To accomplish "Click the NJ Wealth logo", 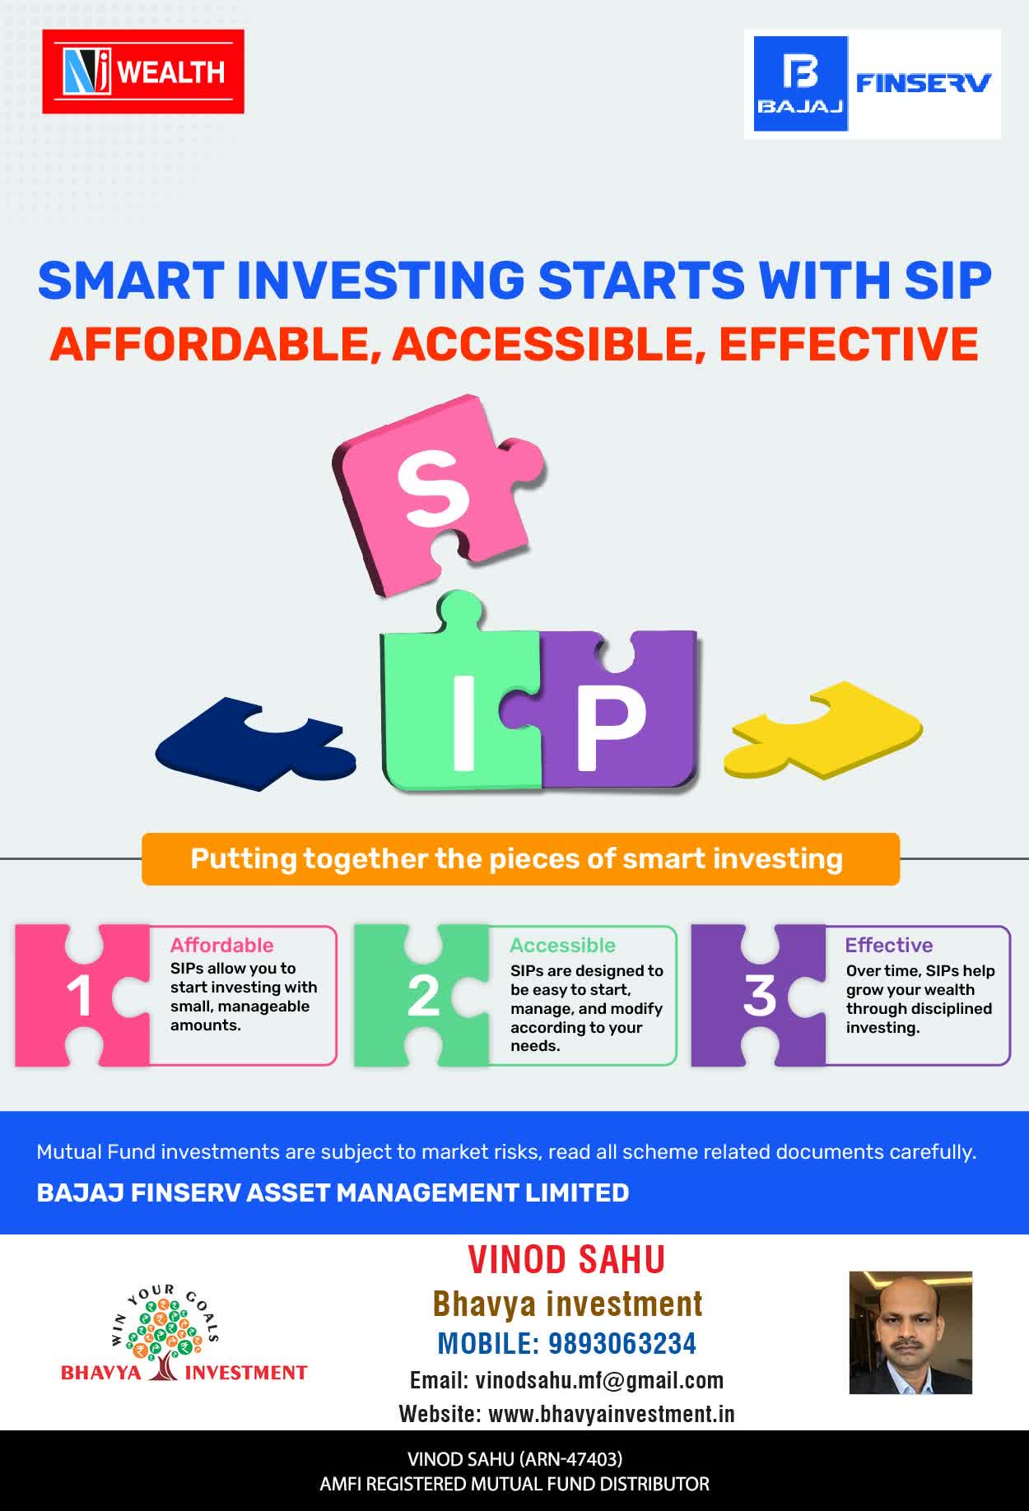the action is [143, 72].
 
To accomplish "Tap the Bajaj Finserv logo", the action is [873, 84].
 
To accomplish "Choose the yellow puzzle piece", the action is [823, 729].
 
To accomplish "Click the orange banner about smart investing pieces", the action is [520, 859].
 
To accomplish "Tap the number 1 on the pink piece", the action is [80, 996].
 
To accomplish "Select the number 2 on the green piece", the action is [424, 996].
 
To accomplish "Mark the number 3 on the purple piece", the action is [760, 996].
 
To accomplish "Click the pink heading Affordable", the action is [222, 945].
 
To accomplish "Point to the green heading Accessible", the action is [563, 945].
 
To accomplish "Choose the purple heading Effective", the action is [889, 945].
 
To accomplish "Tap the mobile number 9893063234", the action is [622, 1344].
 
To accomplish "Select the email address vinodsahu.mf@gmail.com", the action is [600, 1380].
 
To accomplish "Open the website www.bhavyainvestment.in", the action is [612, 1414].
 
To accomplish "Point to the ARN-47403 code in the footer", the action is [570, 1459].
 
